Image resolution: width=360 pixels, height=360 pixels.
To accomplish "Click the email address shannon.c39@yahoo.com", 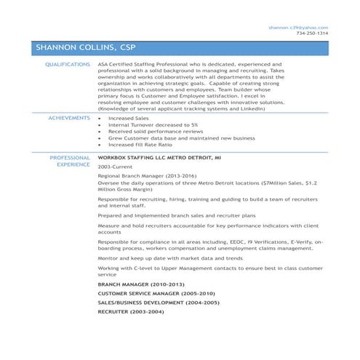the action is pos(298,27).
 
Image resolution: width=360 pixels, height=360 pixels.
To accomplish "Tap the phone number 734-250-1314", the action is pos(312,33).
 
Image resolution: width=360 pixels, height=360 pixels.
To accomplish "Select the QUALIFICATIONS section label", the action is pos(68,64).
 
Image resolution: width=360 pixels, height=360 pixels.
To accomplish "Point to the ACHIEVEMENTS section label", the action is pos(68,116).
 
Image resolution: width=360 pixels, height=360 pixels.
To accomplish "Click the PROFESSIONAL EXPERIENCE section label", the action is pos(70,161).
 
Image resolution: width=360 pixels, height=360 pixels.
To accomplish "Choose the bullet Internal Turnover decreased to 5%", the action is pos(143,124).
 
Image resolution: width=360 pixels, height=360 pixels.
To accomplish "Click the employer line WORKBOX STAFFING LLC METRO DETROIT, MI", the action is pos(160,157).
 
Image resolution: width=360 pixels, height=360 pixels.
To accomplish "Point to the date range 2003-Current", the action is pos(114,167).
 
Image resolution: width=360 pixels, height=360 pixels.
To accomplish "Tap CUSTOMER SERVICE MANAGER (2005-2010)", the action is pos(151,292).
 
